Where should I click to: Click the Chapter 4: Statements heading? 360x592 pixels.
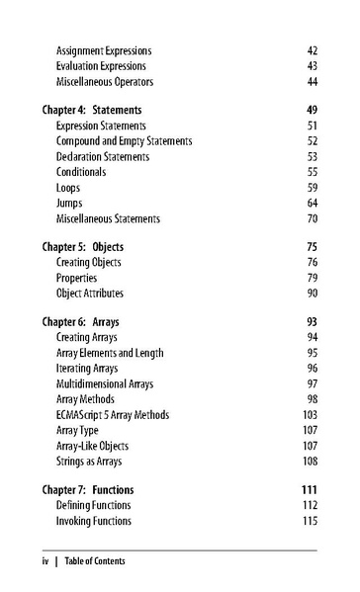tap(93, 111)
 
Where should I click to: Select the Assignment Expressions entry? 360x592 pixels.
tap(103, 50)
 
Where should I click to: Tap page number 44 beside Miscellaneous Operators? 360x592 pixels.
tap(312, 80)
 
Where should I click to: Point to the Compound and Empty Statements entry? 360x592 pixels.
tap(124, 141)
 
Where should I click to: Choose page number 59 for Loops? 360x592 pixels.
tap(312, 187)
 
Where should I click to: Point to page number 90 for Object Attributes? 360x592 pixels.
tap(312, 294)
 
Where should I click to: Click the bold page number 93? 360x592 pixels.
tap(310, 322)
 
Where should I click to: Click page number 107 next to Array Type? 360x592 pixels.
tap(310, 429)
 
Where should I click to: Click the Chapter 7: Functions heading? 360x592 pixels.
tap(88, 489)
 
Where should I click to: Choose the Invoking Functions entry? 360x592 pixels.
tap(93, 521)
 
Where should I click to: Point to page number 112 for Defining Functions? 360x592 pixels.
tap(310, 505)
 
